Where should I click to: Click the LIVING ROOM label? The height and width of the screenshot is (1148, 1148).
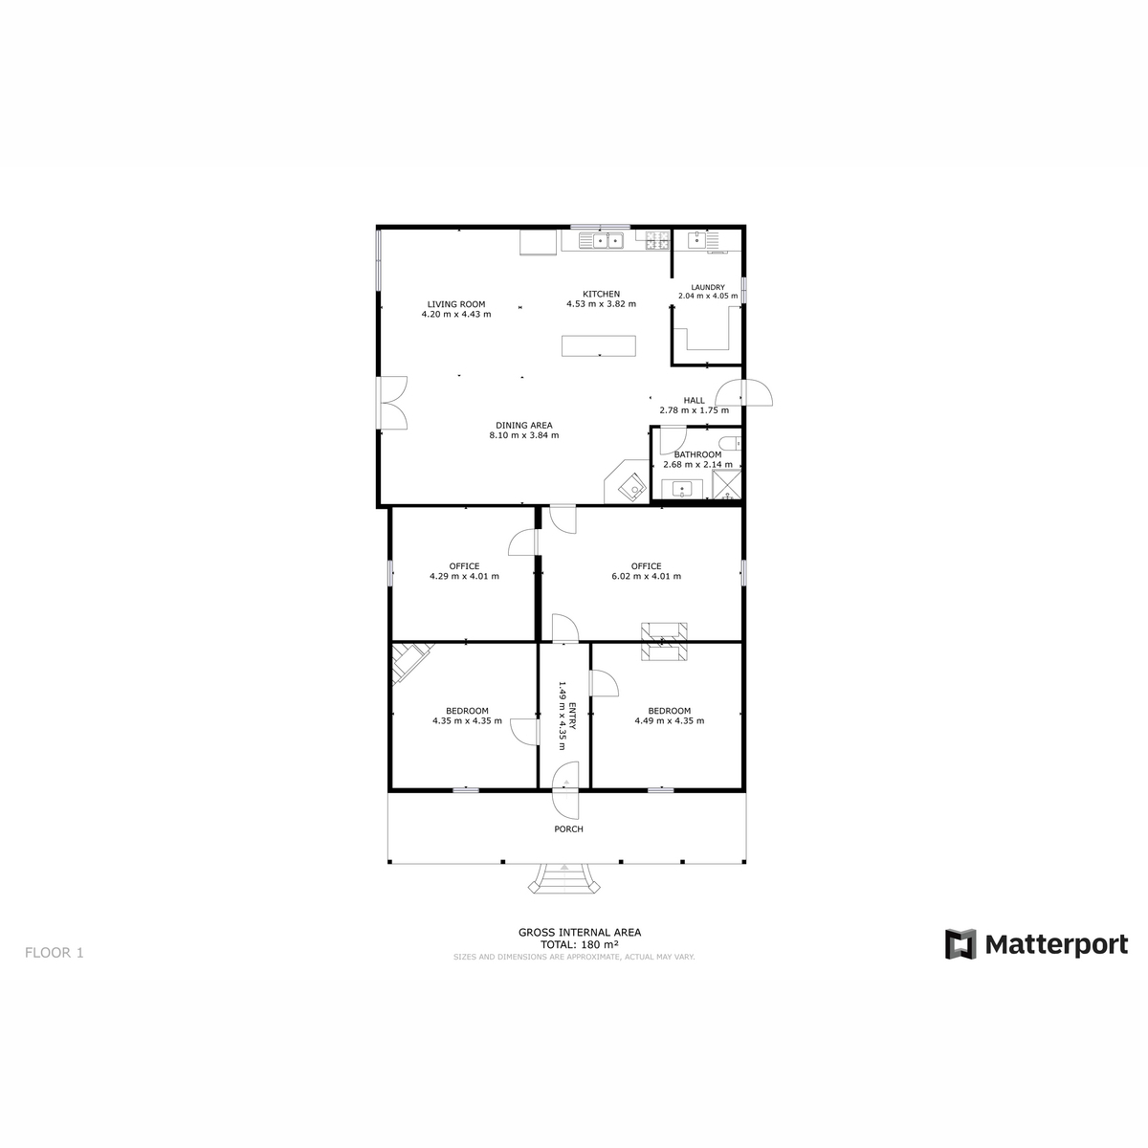tap(455, 304)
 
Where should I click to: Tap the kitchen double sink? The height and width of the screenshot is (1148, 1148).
tap(601, 241)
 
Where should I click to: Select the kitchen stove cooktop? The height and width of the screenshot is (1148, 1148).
tap(657, 241)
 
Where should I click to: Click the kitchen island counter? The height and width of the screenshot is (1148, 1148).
tap(599, 345)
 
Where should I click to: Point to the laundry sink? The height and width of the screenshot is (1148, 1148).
tap(696, 240)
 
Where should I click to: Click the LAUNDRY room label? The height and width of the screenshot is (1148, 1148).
tap(708, 287)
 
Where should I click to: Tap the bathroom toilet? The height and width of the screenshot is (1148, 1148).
tap(729, 443)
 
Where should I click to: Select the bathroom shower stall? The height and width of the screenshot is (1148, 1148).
tap(726, 484)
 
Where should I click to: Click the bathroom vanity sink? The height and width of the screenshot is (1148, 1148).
tap(682, 489)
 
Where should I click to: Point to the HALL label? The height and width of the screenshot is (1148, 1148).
tap(694, 400)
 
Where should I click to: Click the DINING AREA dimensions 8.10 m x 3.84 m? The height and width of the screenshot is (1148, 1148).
tap(524, 435)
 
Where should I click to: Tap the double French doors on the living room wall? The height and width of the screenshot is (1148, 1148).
tap(391, 403)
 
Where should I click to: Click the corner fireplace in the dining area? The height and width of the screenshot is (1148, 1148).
tap(627, 481)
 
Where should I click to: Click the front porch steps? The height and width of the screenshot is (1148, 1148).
tap(563, 878)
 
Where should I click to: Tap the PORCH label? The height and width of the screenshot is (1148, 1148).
tap(568, 828)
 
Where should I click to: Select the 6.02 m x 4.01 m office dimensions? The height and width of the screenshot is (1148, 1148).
tap(647, 576)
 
